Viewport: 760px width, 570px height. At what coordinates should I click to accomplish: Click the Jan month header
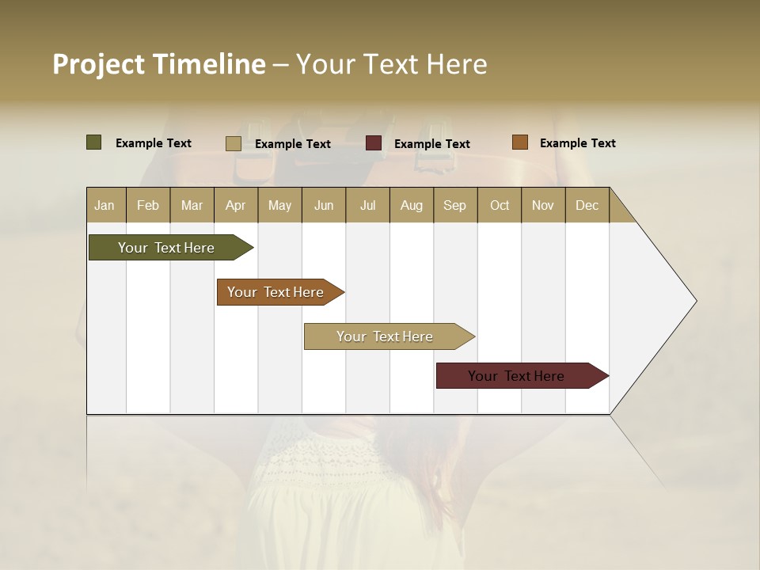(105, 205)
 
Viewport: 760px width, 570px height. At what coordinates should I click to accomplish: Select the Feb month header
(148, 205)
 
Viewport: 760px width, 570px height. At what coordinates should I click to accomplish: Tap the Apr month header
(235, 205)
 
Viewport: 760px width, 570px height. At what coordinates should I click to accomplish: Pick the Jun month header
(324, 205)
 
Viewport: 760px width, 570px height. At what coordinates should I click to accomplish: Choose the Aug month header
(411, 205)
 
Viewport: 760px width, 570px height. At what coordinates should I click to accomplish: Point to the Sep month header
(454, 205)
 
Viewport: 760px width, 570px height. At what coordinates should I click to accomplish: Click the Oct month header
(500, 205)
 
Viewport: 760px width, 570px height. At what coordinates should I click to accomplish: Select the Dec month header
(587, 205)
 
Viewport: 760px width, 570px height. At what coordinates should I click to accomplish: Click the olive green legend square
(93, 142)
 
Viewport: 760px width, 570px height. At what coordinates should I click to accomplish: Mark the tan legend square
(233, 143)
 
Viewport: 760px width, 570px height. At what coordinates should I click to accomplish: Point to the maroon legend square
(374, 143)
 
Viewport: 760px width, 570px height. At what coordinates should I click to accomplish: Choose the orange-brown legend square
(519, 142)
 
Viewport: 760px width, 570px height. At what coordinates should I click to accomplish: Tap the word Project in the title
(99, 65)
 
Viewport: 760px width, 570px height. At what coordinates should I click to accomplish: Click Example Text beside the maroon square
(431, 144)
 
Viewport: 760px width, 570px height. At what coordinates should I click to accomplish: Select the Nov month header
(543, 205)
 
